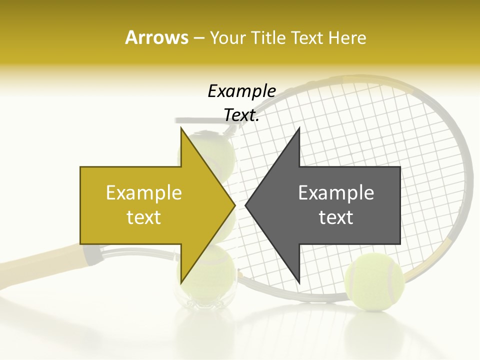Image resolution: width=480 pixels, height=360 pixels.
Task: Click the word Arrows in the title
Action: click(156, 37)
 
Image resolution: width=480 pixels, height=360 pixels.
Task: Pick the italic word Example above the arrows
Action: click(241, 91)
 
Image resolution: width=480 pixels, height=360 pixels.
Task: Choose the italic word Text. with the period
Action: click(241, 115)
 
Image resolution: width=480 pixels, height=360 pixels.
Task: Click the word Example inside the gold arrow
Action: click(143, 193)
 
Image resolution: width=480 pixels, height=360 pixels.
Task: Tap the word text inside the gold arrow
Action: click(143, 217)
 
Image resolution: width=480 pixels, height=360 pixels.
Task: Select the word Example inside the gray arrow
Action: click(336, 193)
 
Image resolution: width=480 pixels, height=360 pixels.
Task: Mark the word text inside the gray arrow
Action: click(336, 217)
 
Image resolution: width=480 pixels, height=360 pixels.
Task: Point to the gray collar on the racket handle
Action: click(93, 255)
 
